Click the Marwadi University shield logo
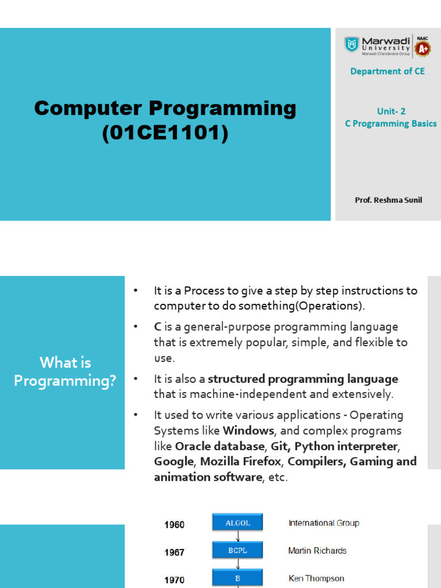click(351, 45)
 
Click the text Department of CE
click(388, 71)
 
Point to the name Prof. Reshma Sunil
click(388, 200)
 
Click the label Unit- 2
click(391, 111)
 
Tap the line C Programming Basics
click(390, 123)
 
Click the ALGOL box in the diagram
click(237, 523)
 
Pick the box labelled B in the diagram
click(237, 578)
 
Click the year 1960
click(175, 525)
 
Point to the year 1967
click(175, 552)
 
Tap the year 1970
click(175, 580)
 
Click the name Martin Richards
click(317, 551)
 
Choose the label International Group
click(323, 523)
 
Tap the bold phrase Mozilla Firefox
click(241, 462)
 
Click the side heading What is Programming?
click(65, 372)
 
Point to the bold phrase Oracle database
click(220, 446)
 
